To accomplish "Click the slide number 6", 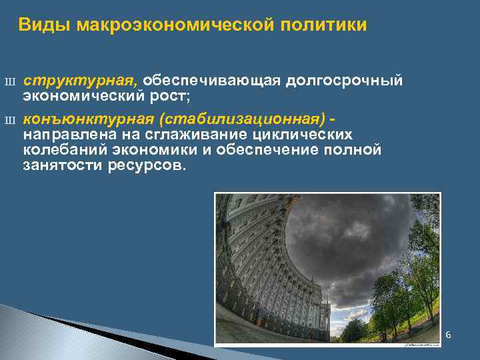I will pyautogui.click(x=448, y=334).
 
